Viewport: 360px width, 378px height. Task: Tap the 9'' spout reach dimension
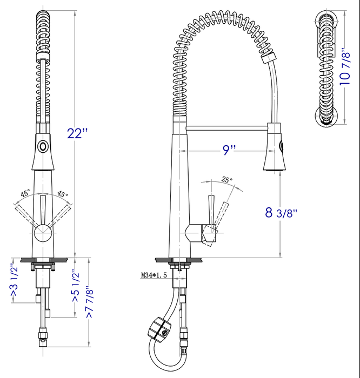(229, 151)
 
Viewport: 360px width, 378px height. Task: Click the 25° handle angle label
(226, 180)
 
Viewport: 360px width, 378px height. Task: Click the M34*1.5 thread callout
(153, 275)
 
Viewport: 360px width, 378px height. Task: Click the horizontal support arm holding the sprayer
(227, 127)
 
